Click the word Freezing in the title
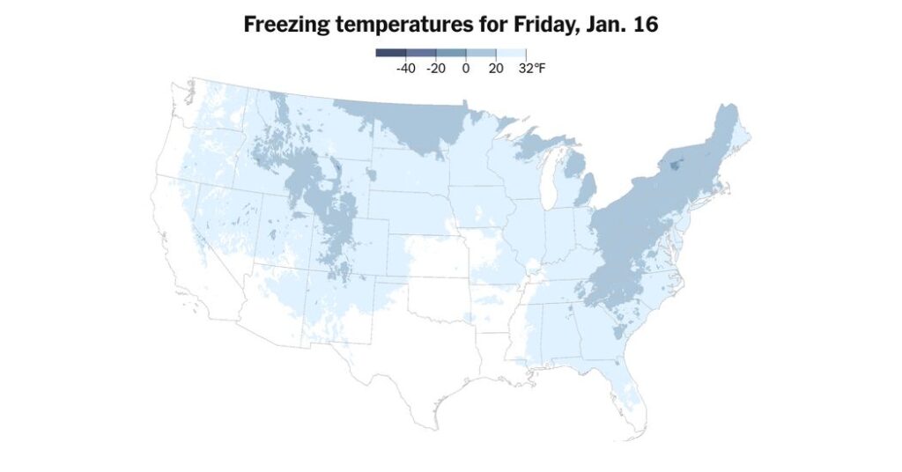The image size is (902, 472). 286,25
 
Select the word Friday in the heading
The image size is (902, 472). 536,25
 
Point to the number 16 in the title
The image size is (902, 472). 645,25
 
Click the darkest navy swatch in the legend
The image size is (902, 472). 390,53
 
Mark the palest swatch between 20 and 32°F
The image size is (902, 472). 511,53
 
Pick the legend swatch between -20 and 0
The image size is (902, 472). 450,53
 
